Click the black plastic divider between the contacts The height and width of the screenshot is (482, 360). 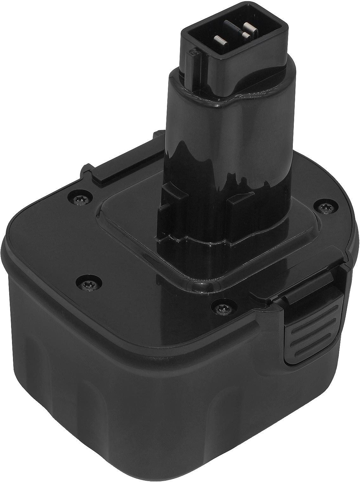coord(236,32)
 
